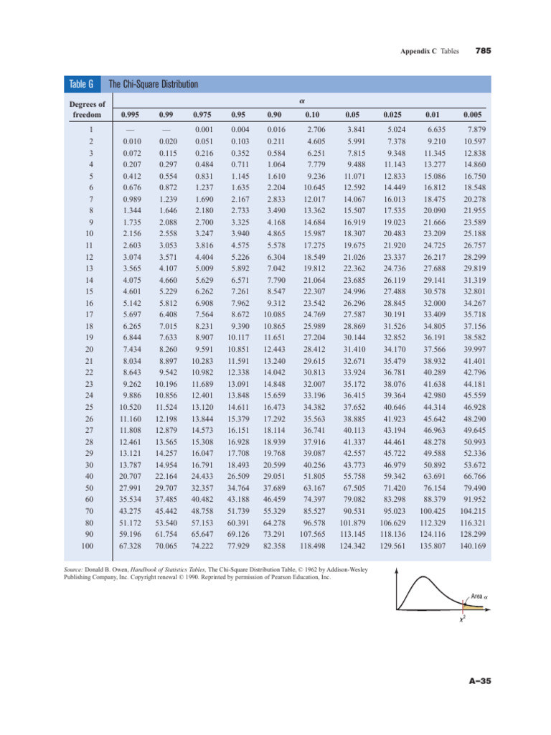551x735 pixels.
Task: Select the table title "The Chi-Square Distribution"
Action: [x=152, y=85]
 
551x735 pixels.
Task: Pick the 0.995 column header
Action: [x=131, y=114]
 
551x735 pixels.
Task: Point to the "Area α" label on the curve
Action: [x=480, y=596]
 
